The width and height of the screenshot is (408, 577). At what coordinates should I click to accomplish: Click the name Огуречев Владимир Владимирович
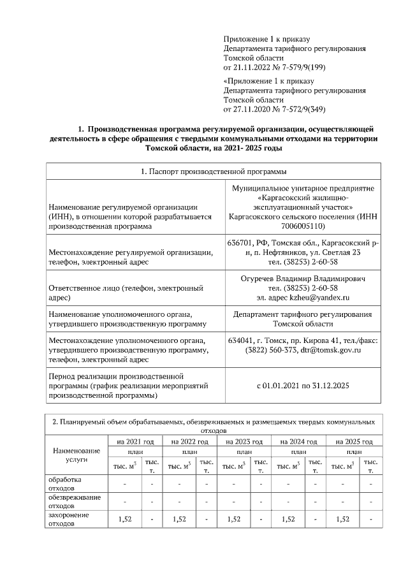tap(303, 279)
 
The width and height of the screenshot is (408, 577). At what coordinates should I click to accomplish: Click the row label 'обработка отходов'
tap(69, 483)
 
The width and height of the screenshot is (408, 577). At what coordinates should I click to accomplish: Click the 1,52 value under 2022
tap(179, 519)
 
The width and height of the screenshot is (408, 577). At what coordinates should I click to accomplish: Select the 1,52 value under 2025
tap(342, 519)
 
